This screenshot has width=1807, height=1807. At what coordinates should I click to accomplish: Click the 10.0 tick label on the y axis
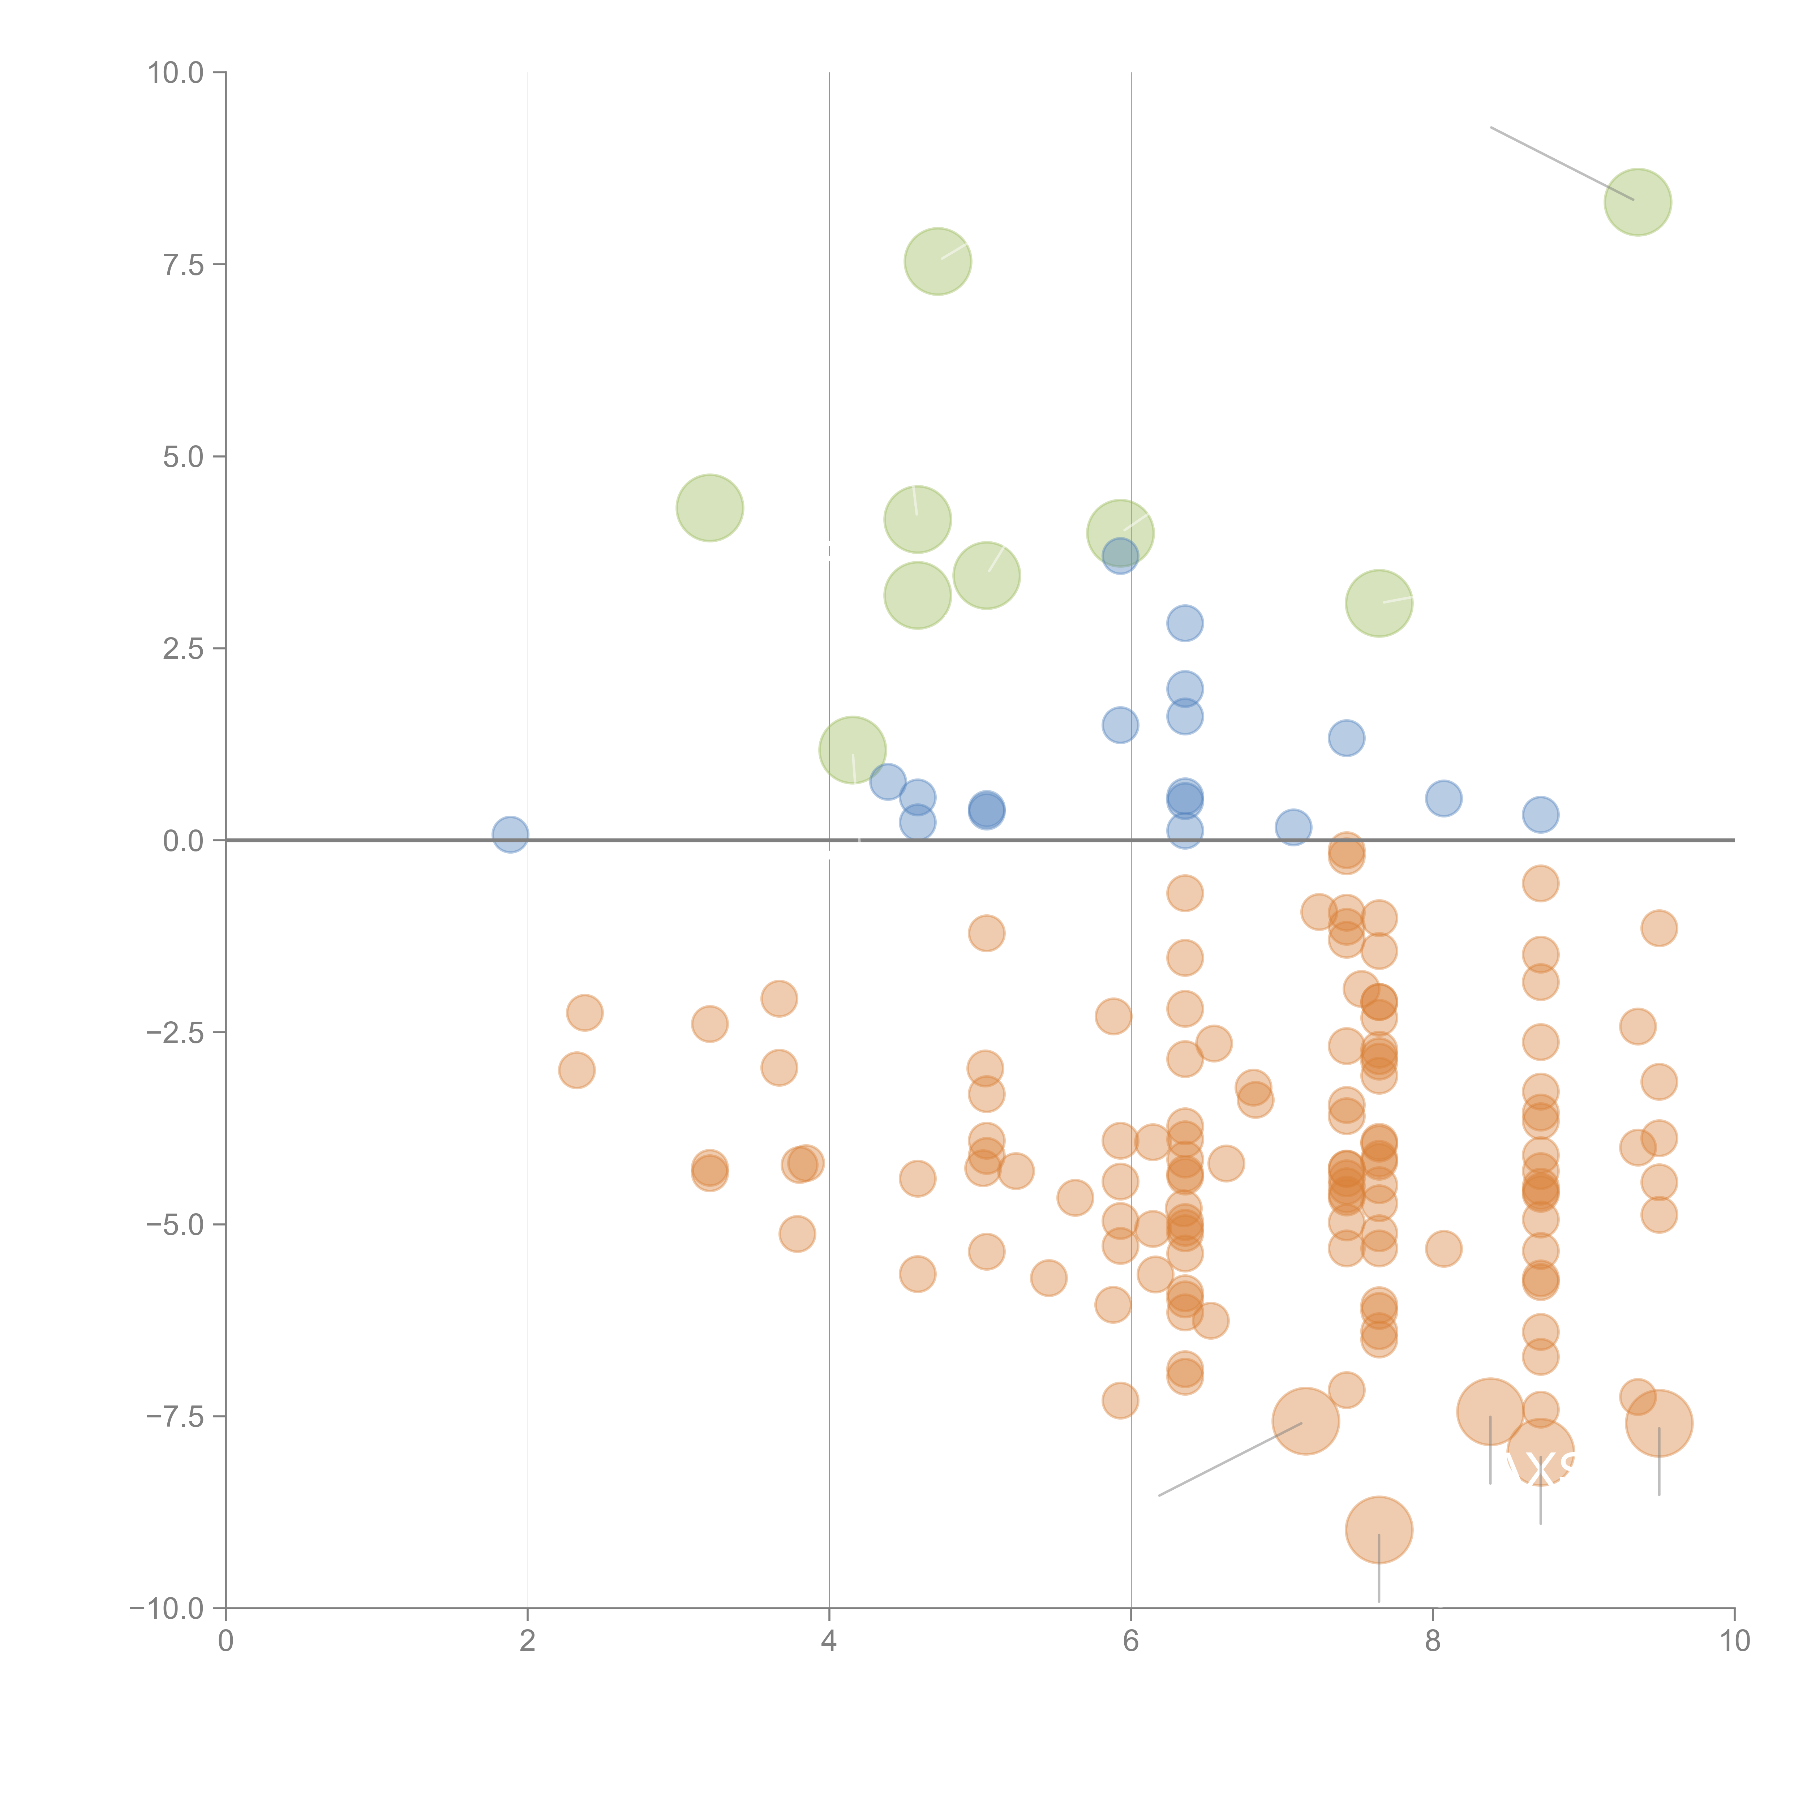click(x=176, y=73)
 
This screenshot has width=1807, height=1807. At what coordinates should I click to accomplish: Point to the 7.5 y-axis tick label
click(x=183, y=265)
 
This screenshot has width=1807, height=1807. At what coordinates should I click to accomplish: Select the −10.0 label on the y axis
click(x=167, y=1609)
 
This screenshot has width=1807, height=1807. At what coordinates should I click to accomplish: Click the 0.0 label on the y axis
click(x=183, y=841)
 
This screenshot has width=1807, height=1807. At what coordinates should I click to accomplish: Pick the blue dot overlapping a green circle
click(x=1120, y=555)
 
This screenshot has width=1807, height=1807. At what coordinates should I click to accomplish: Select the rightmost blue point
click(x=1540, y=815)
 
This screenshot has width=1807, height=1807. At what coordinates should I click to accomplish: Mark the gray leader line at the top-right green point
click(x=1562, y=163)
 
